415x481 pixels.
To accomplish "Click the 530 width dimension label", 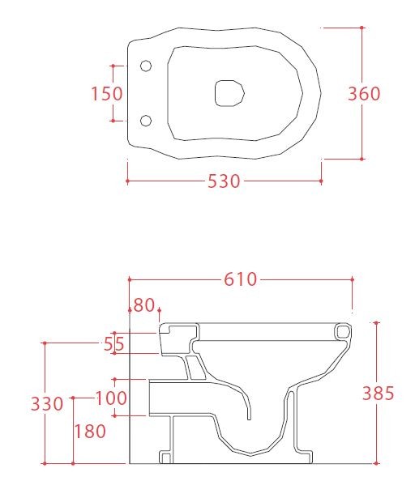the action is (x=224, y=181).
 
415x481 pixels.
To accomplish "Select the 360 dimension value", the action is (x=364, y=94).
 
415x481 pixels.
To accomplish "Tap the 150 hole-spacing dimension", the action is (x=107, y=94).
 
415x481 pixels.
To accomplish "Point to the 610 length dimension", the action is (x=241, y=279).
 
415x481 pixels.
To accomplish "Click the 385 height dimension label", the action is (x=379, y=394).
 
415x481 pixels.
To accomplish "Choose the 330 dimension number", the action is (x=47, y=404).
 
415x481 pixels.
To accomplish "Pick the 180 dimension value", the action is (x=90, y=431).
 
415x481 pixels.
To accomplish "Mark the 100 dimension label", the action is (x=111, y=398).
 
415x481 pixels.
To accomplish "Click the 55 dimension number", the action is (x=113, y=344).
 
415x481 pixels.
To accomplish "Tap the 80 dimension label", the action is (x=144, y=305).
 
